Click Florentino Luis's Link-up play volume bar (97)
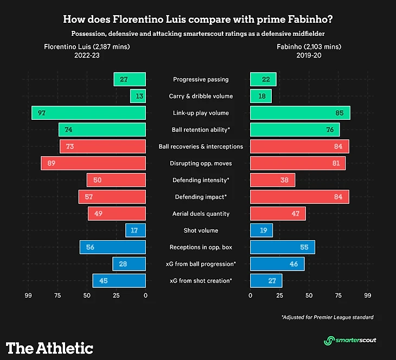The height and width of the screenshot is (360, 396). [88, 113]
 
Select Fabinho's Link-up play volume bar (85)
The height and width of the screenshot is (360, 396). [300, 113]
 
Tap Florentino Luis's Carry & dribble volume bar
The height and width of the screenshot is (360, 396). [138, 96]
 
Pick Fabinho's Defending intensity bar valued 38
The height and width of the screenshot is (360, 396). [272, 180]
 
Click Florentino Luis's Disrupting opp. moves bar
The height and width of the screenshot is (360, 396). [93, 163]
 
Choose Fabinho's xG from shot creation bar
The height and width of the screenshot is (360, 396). [266, 280]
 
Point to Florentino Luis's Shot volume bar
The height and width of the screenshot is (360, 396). [136, 230]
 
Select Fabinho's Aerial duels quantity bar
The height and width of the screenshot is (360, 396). [278, 214]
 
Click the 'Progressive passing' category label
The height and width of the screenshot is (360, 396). [201, 80]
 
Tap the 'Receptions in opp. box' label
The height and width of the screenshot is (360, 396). [201, 247]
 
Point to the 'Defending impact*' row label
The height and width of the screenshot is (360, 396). [201, 197]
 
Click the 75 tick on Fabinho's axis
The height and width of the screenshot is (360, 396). [338, 296]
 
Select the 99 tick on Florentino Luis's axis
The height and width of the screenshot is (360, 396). [28, 296]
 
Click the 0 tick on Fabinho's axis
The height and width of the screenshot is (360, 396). [250, 296]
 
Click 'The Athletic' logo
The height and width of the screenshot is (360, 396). [50, 348]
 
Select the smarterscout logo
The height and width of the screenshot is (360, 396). [350, 340]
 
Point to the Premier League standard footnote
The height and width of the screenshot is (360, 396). [328, 317]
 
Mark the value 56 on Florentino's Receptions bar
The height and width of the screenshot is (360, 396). [91, 247]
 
